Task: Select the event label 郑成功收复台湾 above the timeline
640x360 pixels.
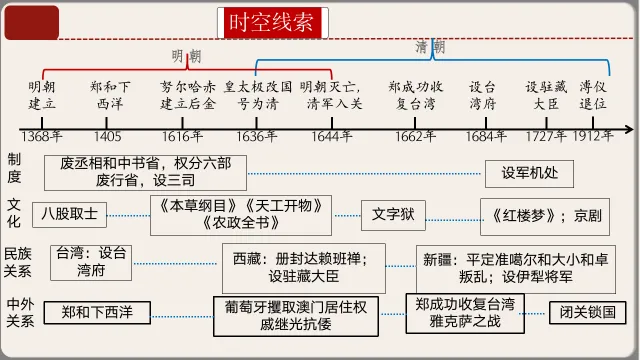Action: click(x=415, y=95)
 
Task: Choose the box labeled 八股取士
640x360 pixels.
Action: click(x=70, y=213)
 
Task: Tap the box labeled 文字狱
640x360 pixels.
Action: click(x=393, y=213)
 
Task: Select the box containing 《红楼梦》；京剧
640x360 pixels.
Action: click(x=541, y=214)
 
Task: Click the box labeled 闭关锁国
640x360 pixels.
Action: click(x=586, y=312)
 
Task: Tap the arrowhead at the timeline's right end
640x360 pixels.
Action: click(x=627, y=129)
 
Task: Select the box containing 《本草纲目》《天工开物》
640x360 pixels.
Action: click(x=240, y=214)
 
